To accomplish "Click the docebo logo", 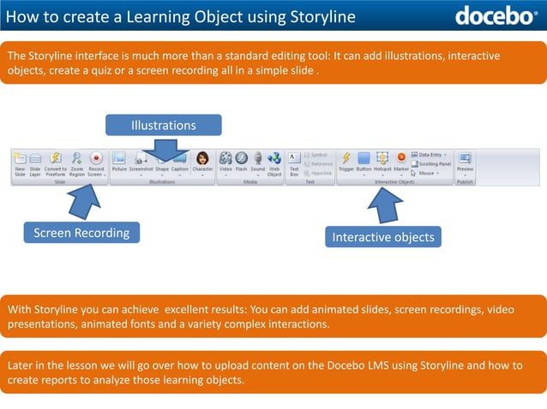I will (x=496, y=16).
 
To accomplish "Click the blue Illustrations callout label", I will (x=163, y=125).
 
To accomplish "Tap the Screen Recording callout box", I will (x=81, y=232).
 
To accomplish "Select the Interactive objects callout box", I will (x=383, y=237).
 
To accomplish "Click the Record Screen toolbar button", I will (x=96, y=162).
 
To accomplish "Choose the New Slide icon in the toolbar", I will (x=20, y=162).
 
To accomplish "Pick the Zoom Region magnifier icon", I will (x=76, y=162).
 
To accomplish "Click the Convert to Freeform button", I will (x=55, y=162).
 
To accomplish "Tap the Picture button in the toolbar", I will (x=119, y=162).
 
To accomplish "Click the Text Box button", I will (x=294, y=162).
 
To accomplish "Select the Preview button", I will (x=465, y=162).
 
